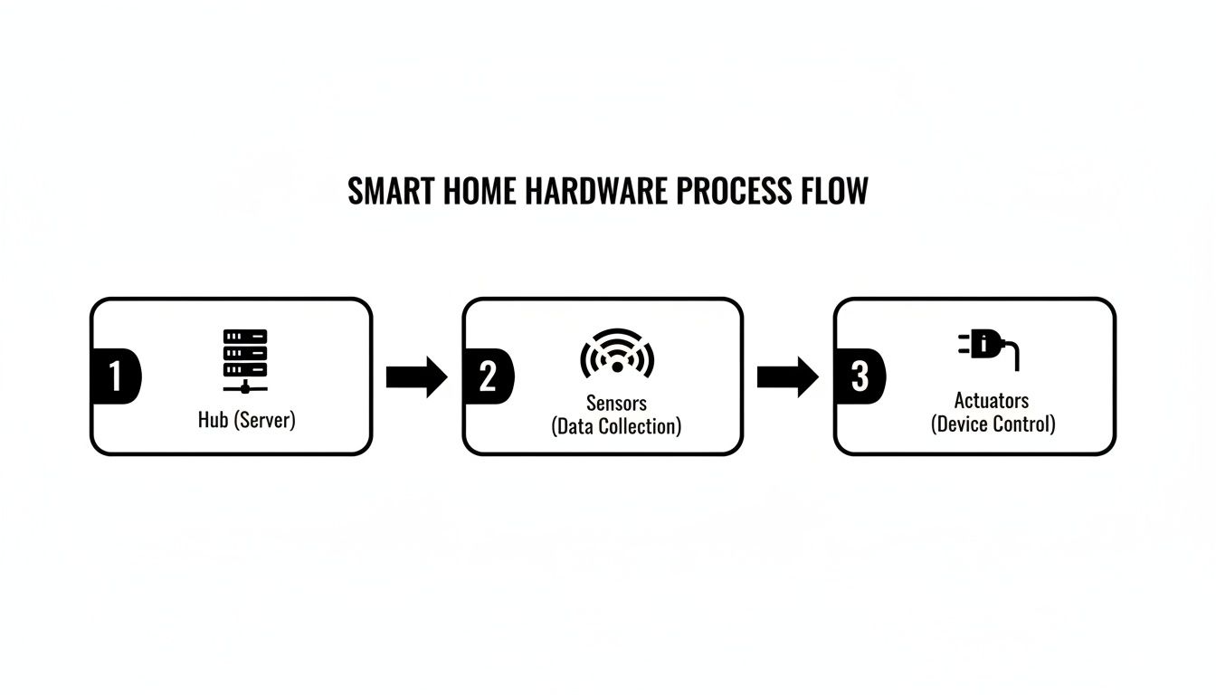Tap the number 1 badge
point(115,376)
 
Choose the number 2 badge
point(487,376)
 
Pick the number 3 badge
point(859,376)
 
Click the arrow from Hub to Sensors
point(416,376)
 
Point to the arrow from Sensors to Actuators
point(787,376)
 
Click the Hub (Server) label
point(246,421)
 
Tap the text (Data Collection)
point(616,425)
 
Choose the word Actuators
point(992,400)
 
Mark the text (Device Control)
point(993,424)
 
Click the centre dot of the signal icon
point(617,367)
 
